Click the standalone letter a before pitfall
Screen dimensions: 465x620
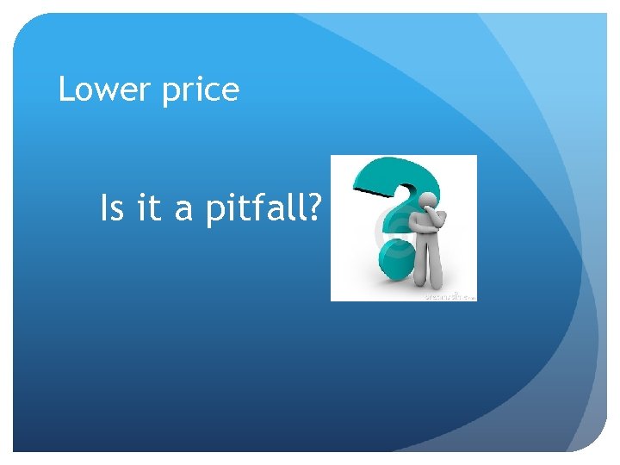point(184,211)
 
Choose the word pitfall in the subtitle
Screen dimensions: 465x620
point(257,209)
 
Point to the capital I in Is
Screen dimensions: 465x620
point(105,208)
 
